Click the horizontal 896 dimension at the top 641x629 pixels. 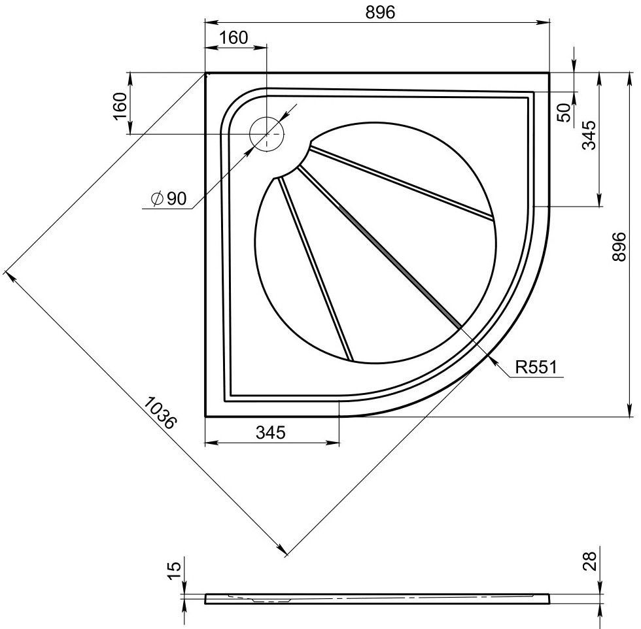coord(380,12)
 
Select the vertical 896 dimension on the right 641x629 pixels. coord(619,246)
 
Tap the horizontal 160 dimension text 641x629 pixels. coord(234,38)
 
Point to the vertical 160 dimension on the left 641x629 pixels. coord(120,107)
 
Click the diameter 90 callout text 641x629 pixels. coord(169,199)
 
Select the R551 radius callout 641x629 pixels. coord(536,367)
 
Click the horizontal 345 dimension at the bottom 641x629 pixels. coord(271,432)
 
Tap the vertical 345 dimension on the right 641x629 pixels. coord(589,135)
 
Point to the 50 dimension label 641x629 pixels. coord(564,112)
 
